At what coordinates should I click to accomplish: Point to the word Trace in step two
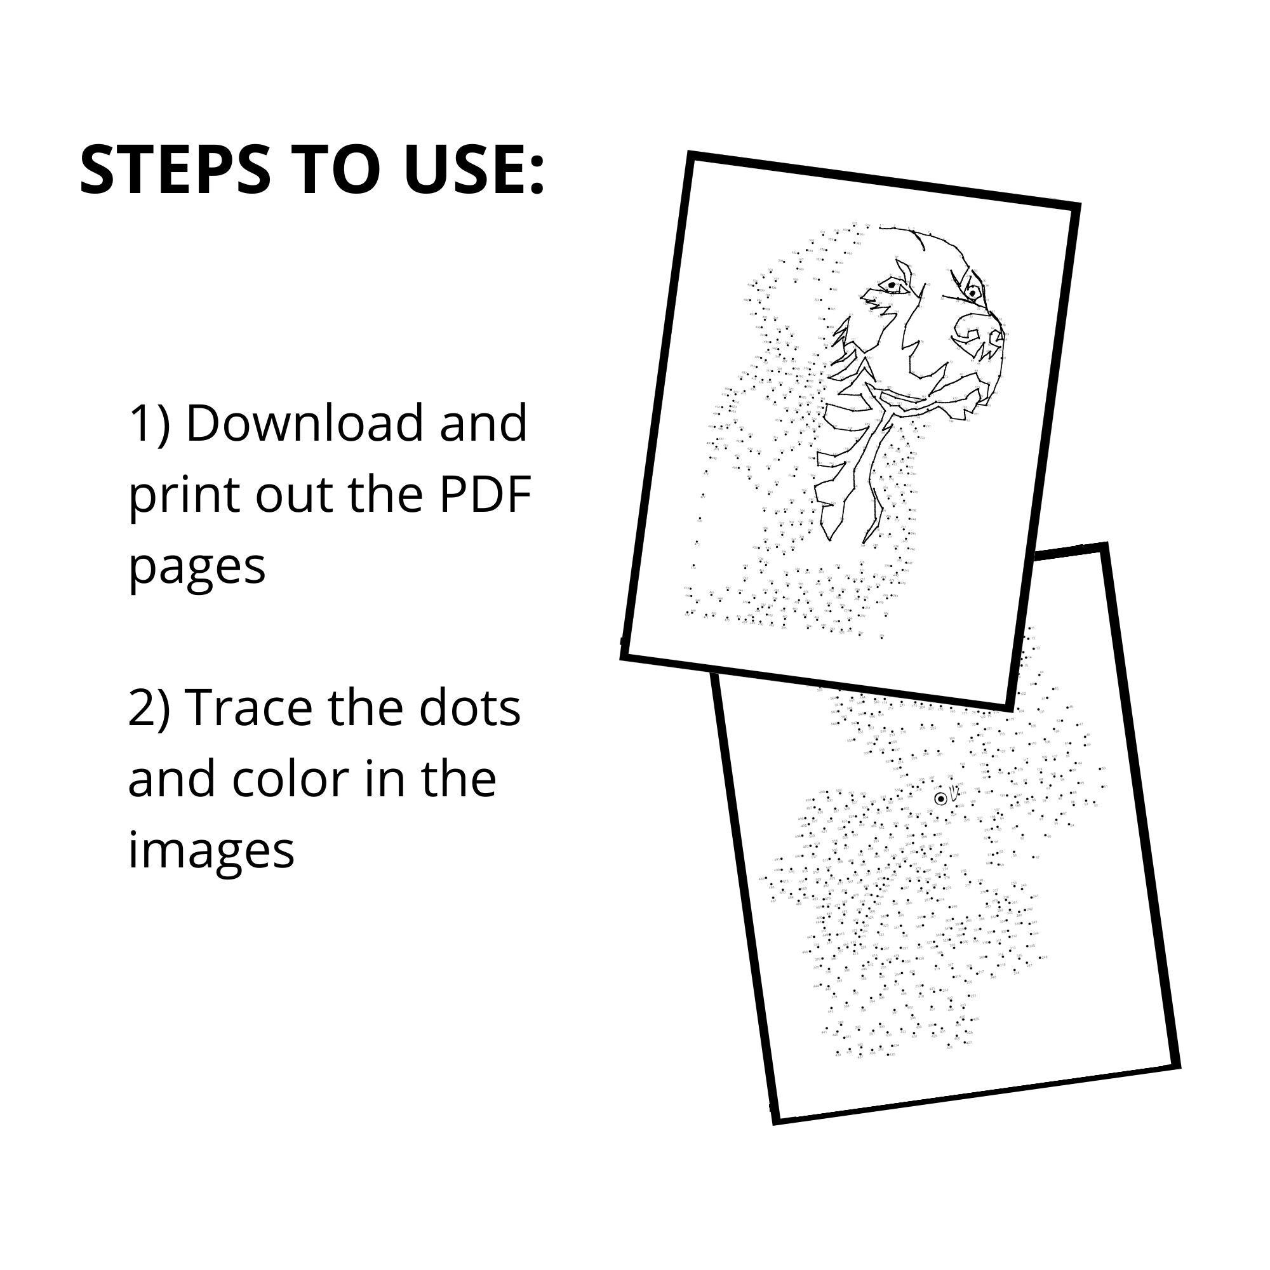coord(250,709)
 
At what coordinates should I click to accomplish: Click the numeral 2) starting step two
coord(149,709)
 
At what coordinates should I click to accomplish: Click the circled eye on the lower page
coord(940,798)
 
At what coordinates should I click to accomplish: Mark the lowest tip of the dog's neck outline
coord(865,542)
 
